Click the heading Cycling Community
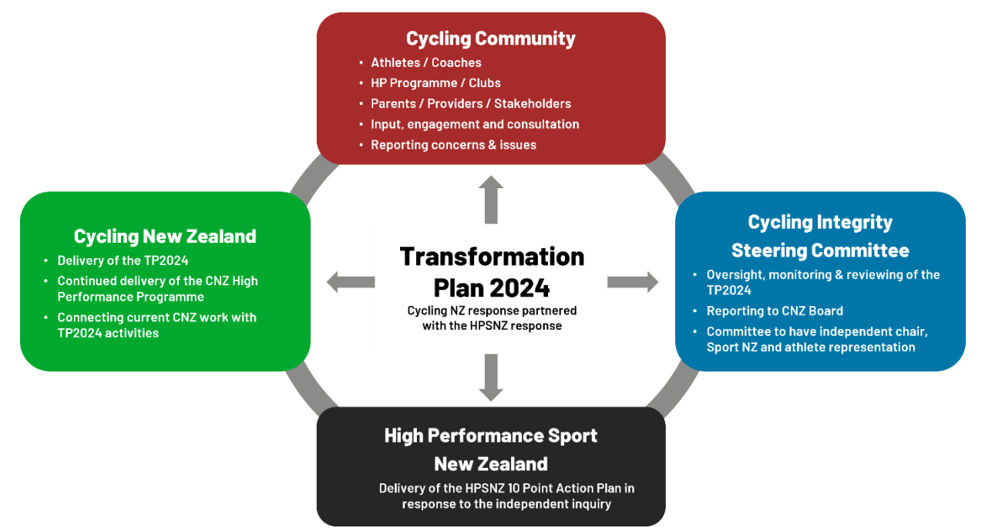pos(491,39)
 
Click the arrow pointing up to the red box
pos(491,200)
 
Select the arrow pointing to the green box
pos(351,281)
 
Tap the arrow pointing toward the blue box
pos(633,281)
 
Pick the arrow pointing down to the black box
pos(491,378)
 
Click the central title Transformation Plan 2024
pos(492,272)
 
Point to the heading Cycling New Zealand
pos(165,236)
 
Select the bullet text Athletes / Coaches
pos(426,62)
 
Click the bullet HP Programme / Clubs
pos(435,82)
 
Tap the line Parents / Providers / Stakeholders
pos(471,103)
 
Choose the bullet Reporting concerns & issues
pos(453,145)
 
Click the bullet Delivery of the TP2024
pos(123,261)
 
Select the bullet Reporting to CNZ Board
pos(775,311)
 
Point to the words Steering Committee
pos(820,251)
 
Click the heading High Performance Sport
pos(491,436)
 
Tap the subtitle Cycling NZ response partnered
pos(492,311)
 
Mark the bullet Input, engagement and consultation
pos(475,124)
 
